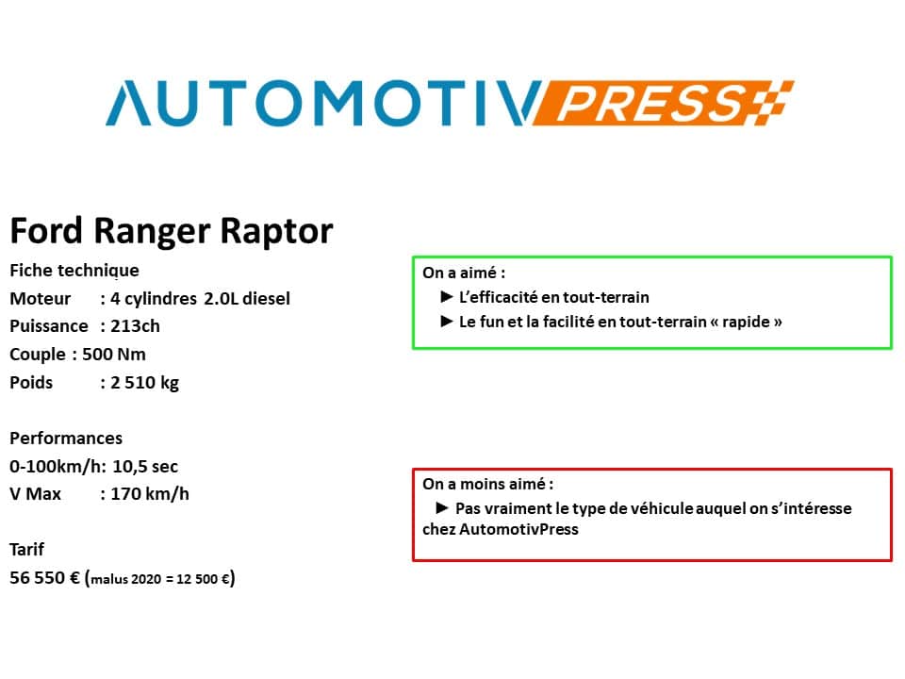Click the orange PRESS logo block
tap(663, 103)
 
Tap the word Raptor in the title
tap(276, 232)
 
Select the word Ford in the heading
tap(47, 230)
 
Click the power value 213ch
tap(135, 326)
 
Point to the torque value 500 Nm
tap(114, 354)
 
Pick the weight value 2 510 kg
tap(144, 383)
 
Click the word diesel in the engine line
tap(266, 299)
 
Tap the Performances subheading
tap(66, 439)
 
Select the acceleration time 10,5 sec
tap(145, 467)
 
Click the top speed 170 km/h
tap(150, 494)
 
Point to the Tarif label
tap(26, 549)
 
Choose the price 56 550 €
tap(44, 577)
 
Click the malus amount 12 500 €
tap(204, 578)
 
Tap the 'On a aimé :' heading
tap(464, 273)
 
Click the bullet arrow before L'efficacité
tap(446, 297)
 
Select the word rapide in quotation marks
tap(746, 322)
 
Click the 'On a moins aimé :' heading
tap(487, 484)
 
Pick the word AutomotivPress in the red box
tap(518, 529)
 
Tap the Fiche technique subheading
tap(74, 271)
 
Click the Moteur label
tap(40, 299)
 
